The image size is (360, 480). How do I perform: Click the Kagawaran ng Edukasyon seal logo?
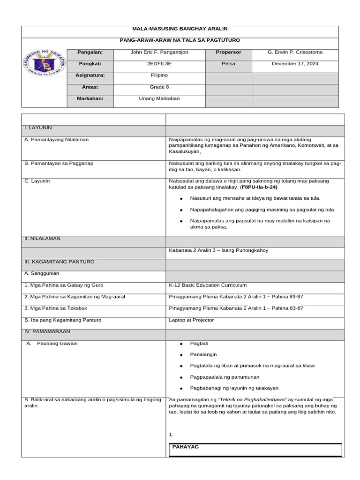tap(44, 67)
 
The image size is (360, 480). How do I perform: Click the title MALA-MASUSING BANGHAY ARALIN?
tap(180, 29)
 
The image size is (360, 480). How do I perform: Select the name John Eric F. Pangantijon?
tap(159, 52)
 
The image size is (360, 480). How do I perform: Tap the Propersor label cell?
tap(228, 52)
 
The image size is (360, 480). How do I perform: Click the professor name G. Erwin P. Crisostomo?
tap(295, 52)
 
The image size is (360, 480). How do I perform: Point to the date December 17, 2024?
tap(295, 64)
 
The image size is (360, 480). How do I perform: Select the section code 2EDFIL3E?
tap(159, 64)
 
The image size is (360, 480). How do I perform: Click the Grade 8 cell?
tap(159, 87)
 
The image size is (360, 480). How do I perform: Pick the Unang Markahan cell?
tap(159, 98)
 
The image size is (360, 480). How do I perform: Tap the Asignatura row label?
tap(90, 75)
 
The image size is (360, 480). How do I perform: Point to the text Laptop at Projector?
tap(191, 320)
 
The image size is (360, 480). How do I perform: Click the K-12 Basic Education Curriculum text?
tap(208, 285)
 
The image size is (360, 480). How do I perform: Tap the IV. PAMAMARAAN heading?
tap(47, 331)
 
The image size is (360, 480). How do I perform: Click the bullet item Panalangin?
tap(203, 354)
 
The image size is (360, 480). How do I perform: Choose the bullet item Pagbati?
tap(199, 343)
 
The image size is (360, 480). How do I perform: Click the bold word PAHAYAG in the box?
tap(186, 447)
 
